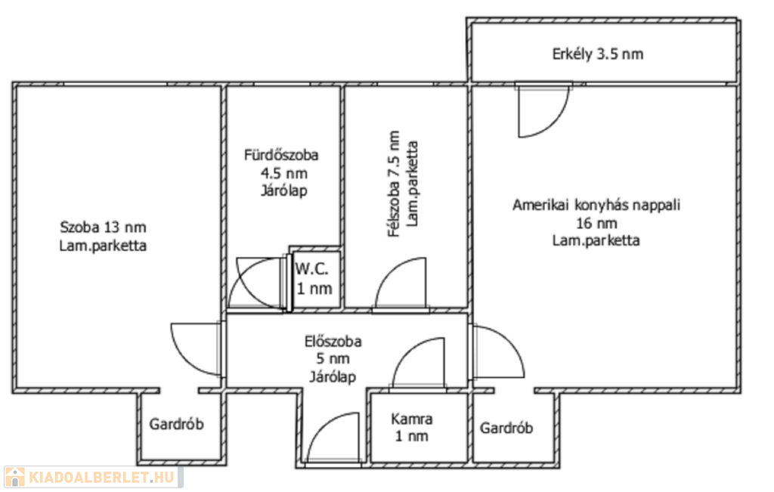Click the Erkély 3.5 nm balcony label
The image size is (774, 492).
point(597,54)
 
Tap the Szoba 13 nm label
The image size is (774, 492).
point(103,227)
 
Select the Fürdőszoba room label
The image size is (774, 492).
point(281,155)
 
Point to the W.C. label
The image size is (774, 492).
point(311,270)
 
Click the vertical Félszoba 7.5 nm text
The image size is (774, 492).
point(394,184)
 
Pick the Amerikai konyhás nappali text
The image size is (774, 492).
point(596,205)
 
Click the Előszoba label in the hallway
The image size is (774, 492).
point(333,341)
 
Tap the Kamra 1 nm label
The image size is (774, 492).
point(412,427)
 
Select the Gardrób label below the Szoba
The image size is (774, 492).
point(176,424)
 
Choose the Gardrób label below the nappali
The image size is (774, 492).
point(506,427)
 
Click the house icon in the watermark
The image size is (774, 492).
point(15,477)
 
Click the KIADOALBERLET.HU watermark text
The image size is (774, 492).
point(102,477)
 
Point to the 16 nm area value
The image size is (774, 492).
point(596,223)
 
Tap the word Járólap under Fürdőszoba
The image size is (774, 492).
point(284,190)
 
